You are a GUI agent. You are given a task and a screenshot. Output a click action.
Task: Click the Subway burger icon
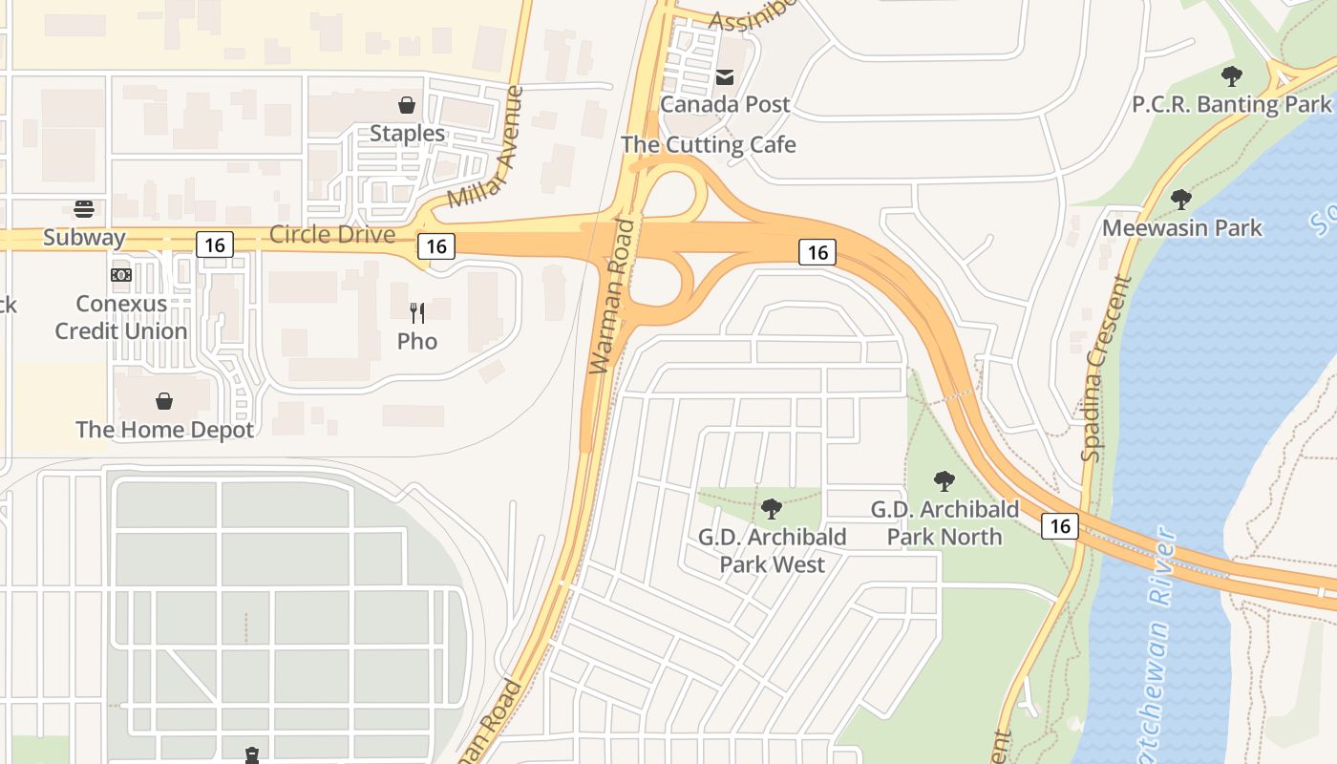84,209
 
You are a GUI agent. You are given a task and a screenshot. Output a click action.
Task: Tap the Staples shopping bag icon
407,105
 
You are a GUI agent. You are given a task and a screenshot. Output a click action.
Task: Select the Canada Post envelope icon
725,76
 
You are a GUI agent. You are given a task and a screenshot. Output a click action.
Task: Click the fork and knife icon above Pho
417,313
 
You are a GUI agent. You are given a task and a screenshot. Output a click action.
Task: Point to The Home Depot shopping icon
164,401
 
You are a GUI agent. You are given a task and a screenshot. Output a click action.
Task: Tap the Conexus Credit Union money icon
120,275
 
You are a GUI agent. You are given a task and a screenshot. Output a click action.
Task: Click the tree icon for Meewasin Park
1181,200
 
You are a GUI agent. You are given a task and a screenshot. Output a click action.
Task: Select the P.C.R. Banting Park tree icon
1232,75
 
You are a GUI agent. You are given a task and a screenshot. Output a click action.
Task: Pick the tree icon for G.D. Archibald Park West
772,509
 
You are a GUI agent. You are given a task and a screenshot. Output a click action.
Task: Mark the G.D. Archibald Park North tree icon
944,480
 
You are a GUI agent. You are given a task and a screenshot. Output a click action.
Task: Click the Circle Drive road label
332,234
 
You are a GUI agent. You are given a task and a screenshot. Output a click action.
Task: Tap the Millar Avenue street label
486,148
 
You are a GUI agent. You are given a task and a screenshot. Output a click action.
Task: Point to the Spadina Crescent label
1106,369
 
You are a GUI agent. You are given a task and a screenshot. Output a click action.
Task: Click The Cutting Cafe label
708,144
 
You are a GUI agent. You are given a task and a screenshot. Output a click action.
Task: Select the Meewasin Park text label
1181,228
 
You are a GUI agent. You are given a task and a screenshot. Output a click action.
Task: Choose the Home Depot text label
164,430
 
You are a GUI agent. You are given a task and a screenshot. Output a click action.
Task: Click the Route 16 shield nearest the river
1060,525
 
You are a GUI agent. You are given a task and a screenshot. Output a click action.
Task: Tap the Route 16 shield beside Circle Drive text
435,245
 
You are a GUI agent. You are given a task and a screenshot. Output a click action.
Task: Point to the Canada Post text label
725,104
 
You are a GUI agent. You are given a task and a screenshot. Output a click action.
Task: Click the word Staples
407,133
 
